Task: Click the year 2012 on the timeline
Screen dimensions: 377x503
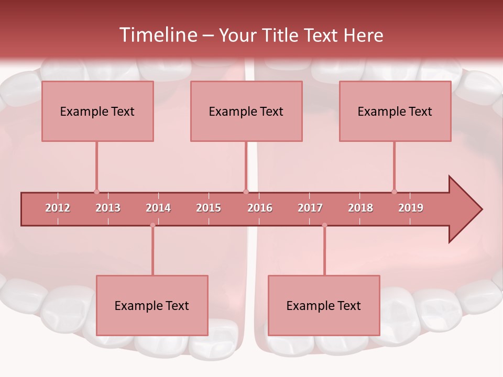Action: point(58,208)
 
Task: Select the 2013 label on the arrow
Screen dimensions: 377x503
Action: point(108,208)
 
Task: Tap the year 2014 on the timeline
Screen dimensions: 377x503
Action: point(158,208)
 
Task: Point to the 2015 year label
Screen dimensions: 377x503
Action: point(209,208)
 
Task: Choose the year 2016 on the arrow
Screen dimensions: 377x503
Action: point(260,208)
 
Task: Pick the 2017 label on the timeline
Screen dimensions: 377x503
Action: point(310,208)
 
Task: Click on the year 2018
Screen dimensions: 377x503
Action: point(360,208)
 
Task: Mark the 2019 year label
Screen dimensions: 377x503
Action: point(411,208)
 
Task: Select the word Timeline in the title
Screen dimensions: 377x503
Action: point(157,35)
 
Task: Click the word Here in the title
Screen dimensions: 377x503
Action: point(363,35)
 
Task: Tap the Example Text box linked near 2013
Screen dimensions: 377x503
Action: point(97,111)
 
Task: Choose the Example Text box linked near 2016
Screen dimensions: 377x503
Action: point(246,111)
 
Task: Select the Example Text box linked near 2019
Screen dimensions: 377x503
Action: point(395,111)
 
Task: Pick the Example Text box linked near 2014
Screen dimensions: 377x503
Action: point(152,305)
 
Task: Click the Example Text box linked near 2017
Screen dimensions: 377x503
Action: point(324,305)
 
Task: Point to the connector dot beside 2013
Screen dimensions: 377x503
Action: point(96,192)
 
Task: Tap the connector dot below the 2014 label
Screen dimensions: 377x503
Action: point(152,225)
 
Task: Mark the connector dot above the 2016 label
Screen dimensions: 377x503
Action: point(246,192)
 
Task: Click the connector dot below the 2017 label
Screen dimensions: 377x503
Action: point(324,225)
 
